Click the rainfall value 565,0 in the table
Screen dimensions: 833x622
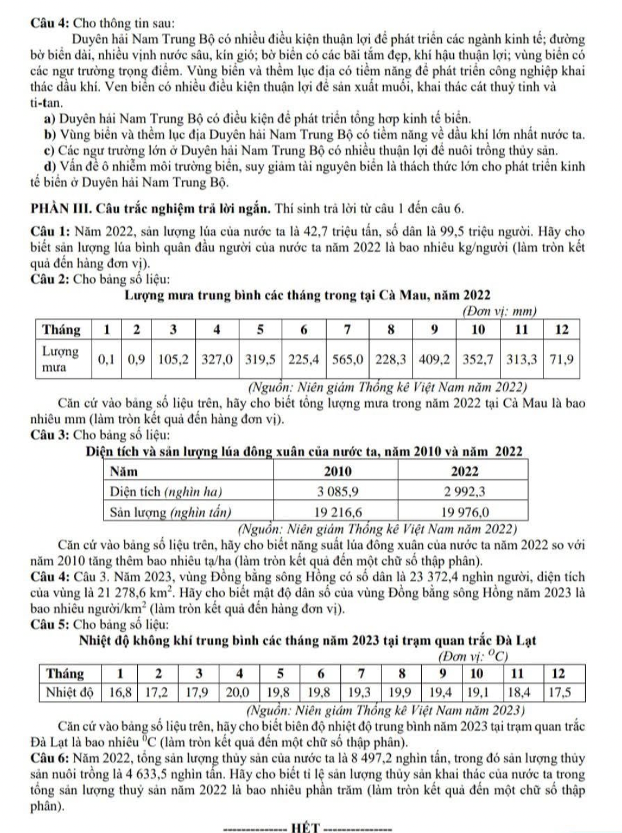346,359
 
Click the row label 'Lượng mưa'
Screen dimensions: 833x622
60,359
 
